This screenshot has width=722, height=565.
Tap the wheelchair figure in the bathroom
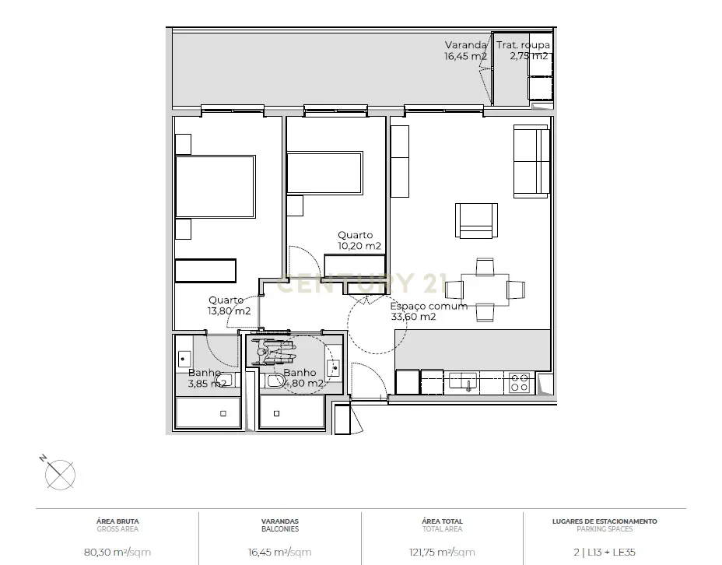tap(272, 351)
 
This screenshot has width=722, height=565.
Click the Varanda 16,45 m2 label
tap(466, 51)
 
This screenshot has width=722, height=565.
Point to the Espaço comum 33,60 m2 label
tap(429, 311)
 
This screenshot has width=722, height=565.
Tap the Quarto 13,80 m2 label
tap(229, 306)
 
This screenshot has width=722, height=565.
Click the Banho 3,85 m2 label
tap(207, 378)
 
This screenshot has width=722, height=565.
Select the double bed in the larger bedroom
tap(215, 187)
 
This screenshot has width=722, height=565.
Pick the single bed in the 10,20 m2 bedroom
tap(324, 173)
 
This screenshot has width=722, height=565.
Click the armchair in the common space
tap(476, 220)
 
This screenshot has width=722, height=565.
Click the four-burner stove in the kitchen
tap(520, 382)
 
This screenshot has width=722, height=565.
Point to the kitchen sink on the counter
tap(469, 381)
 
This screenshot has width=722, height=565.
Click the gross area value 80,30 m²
tap(117, 553)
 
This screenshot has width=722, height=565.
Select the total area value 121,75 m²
tap(442, 553)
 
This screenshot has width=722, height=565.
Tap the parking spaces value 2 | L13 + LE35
tap(605, 553)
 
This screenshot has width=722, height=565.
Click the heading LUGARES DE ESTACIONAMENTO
tap(605, 521)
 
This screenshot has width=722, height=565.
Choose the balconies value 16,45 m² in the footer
tap(279, 553)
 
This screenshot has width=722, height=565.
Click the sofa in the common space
tap(531, 161)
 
